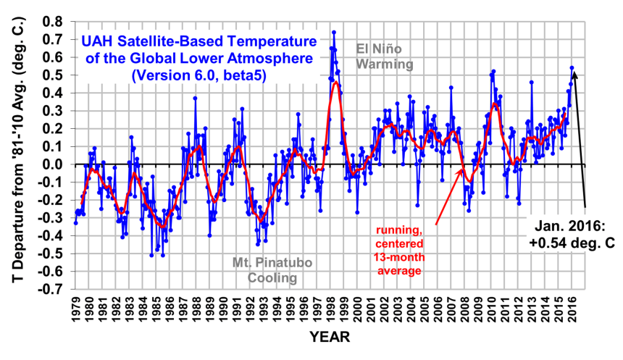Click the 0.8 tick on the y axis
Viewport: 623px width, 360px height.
(54, 21)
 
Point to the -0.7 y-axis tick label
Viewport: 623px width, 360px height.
(51, 289)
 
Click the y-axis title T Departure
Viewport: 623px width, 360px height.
(16, 154)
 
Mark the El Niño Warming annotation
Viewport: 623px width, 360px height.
(384, 56)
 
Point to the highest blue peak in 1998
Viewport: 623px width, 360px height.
(333, 32)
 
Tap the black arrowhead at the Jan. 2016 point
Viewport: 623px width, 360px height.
(574, 72)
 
